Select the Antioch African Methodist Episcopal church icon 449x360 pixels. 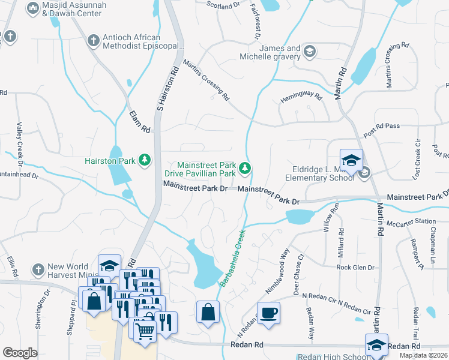(x=93, y=41)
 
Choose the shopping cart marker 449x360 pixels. (x=145, y=328)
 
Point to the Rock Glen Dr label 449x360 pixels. (x=355, y=268)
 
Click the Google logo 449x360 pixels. (x=20, y=353)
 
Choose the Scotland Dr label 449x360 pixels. (x=223, y=5)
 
